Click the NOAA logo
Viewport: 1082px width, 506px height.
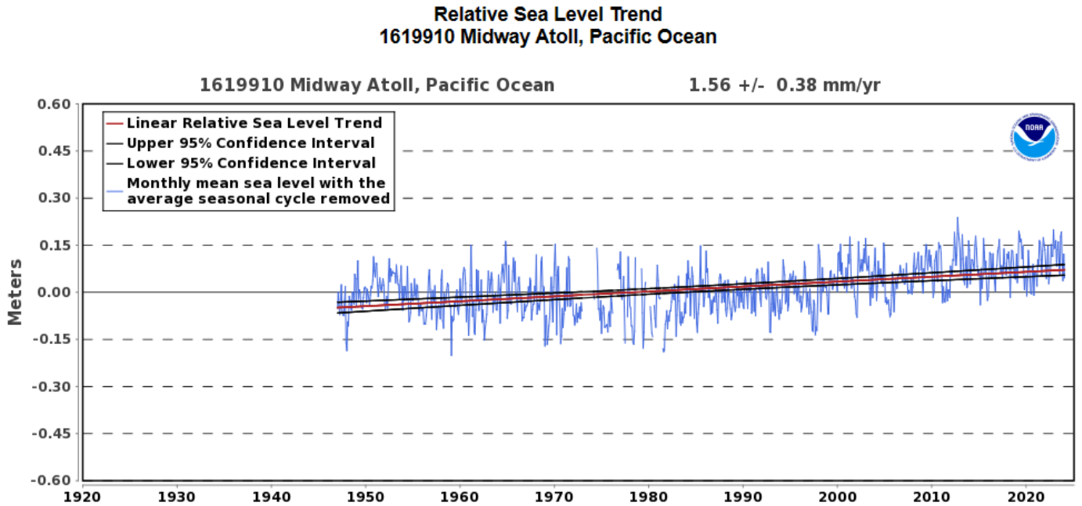(x=1033, y=138)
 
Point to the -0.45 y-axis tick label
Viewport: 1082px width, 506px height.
(x=51, y=433)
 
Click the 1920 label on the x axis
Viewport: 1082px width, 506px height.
(x=82, y=495)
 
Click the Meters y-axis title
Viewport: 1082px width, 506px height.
(x=15, y=292)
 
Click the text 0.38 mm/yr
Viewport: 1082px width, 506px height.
(x=828, y=85)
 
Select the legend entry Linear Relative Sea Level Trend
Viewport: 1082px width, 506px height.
(x=254, y=123)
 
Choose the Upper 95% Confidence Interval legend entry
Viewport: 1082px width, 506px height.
(x=251, y=143)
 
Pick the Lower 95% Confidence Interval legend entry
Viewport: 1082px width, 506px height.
(x=251, y=163)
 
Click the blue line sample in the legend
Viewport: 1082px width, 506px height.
(x=116, y=191)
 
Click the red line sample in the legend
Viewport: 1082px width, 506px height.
(x=116, y=123)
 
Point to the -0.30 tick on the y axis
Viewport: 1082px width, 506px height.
(x=51, y=386)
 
